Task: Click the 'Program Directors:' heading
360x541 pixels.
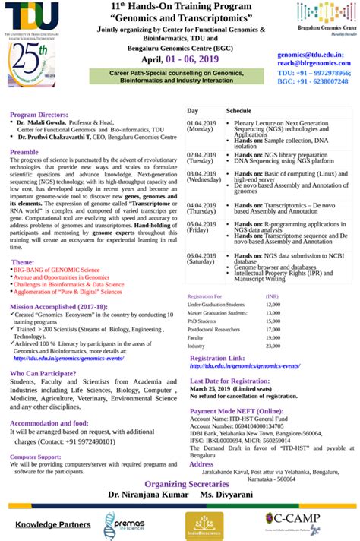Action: point(40,115)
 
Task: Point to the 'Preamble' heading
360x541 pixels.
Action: point(24,152)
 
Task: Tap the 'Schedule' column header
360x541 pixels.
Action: point(238,111)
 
